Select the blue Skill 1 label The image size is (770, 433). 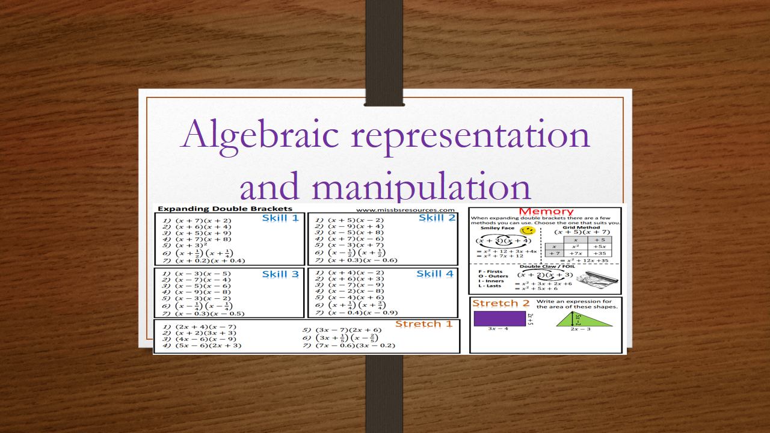pyautogui.click(x=280, y=218)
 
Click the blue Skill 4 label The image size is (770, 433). pyautogui.click(x=434, y=274)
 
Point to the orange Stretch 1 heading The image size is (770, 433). pyautogui.click(x=423, y=324)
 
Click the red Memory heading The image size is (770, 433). pyautogui.click(x=546, y=211)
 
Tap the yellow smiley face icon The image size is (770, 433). pyautogui.click(x=528, y=230)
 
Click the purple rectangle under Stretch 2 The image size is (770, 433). pyautogui.click(x=499, y=318)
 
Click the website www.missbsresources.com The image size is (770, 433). pyautogui.click(x=405, y=210)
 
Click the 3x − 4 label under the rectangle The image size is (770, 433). pyautogui.click(x=498, y=329)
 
